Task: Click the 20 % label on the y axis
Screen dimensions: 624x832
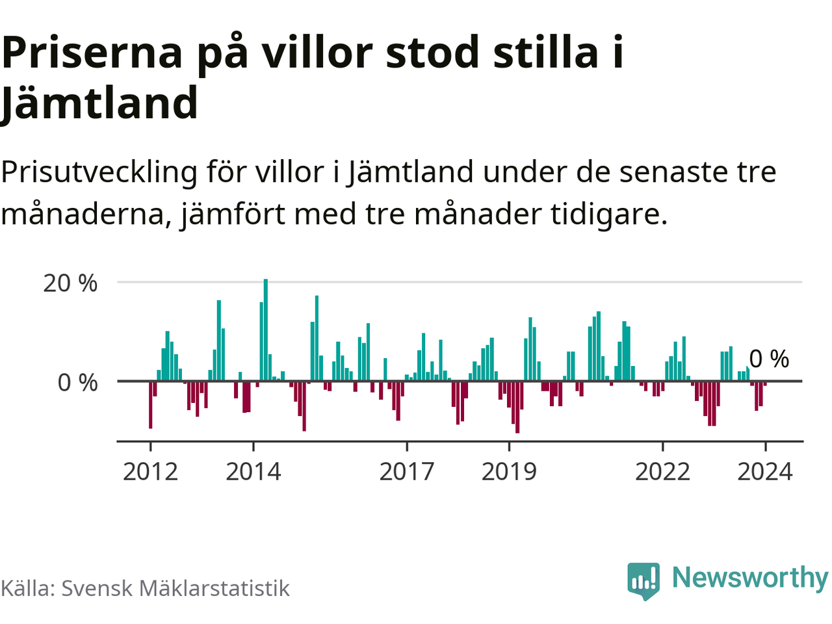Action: click(x=70, y=283)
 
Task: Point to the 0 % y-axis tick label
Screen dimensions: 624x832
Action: click(x=77, y=383)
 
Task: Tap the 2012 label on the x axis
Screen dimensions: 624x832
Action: click(x=150, y=471)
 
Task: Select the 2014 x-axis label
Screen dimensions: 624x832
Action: click(x=253, y=471)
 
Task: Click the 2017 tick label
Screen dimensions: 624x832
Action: click(x=406, y=471)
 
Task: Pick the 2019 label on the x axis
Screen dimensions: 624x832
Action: click(x=509, y=471)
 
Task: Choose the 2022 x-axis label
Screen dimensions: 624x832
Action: click(x=662, y=471)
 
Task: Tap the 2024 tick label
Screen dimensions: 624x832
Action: click(x=765, y=471)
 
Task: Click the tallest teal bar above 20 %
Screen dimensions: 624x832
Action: click(x=265, y=330)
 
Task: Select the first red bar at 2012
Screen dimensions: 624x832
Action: click(x=151, y=404)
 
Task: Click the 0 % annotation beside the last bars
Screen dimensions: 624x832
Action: click(x=769, y=359)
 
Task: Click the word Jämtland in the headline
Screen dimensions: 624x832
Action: click(x=99, y=103)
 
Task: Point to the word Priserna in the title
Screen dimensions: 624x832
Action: click(x=93, y=53)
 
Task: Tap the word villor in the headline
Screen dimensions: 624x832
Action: click(x=317, y=53)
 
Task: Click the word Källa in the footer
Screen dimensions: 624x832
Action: click(x=27, y=588)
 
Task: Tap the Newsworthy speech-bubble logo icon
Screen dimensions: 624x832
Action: click(x=643, y=580)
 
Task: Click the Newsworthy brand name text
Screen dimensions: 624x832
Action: click(x=749, y=577)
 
